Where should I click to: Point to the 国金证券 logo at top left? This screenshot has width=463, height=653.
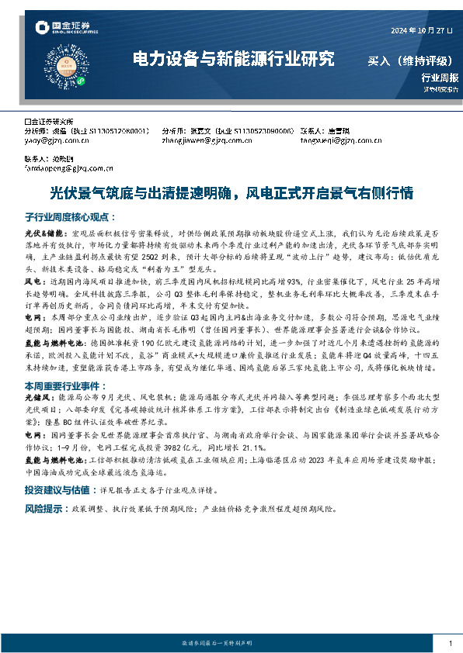point(65,30)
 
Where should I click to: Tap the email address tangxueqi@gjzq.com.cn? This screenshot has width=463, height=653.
point(336,140)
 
